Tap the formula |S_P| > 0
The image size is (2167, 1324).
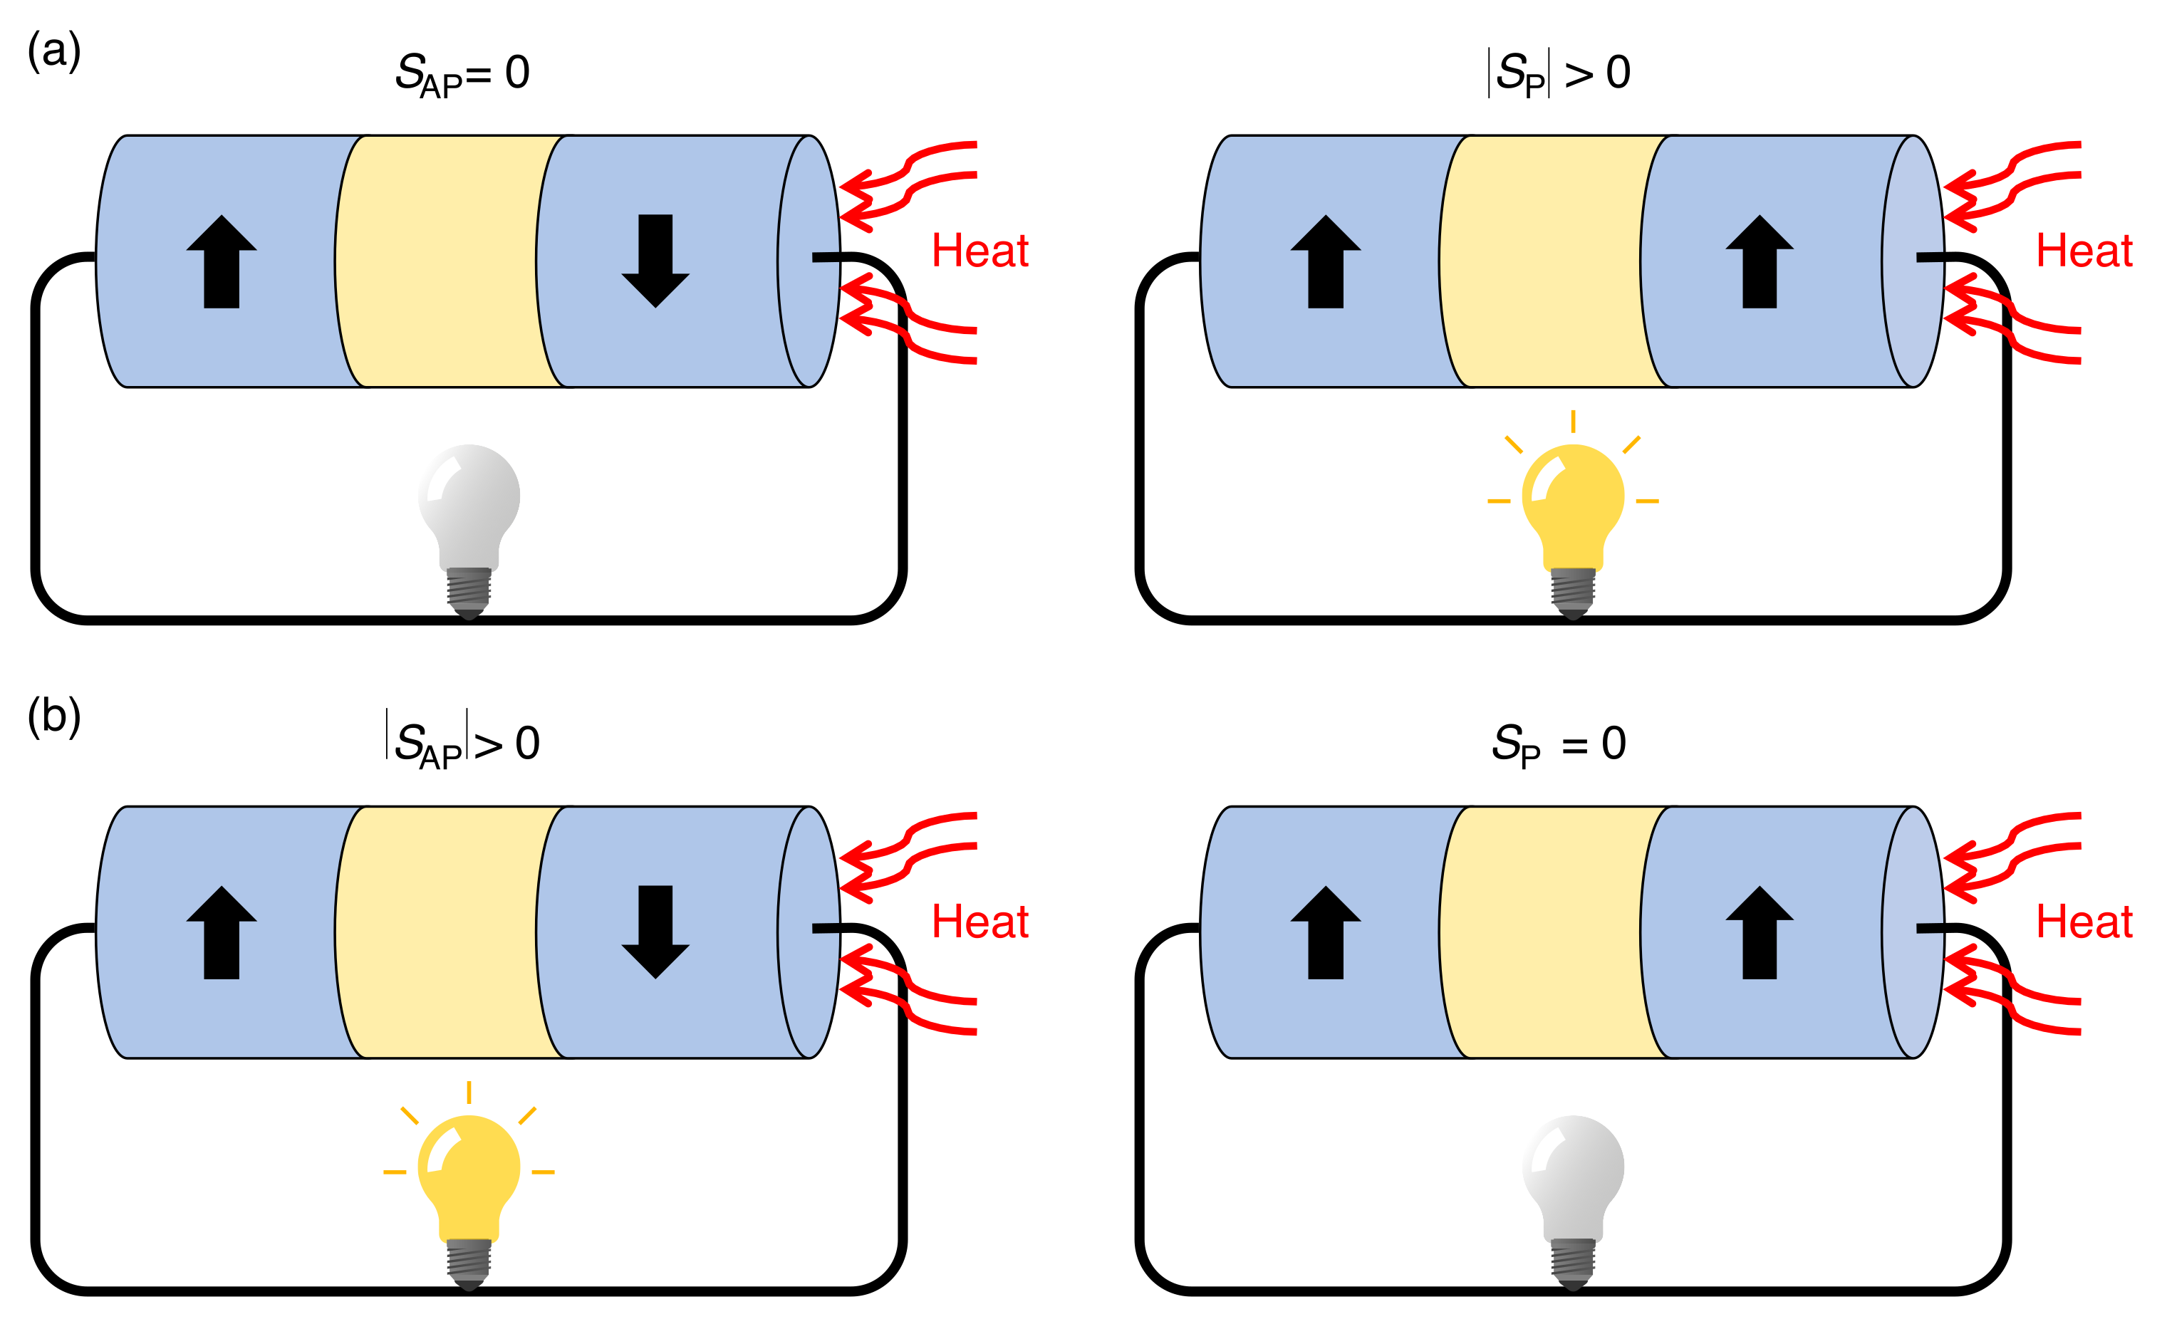click(x=1559, y=73)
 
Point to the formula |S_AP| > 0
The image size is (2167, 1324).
click(x=462, y=744)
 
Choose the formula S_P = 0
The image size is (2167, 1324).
click(x=1559, y=744)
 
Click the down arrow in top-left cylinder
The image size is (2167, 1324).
click(x=655, y=260)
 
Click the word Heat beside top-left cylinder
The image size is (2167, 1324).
click(x=979, y=251)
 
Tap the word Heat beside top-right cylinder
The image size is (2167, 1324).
click(x=2084, y=251)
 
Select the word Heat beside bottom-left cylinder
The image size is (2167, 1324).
click(x=979, y=922)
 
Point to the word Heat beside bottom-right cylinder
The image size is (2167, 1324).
click(x=2084, y=922)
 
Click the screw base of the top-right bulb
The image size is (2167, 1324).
click(x=1572, y=591)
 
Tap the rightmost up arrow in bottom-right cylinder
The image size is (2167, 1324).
click(x=1759, y=932)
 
